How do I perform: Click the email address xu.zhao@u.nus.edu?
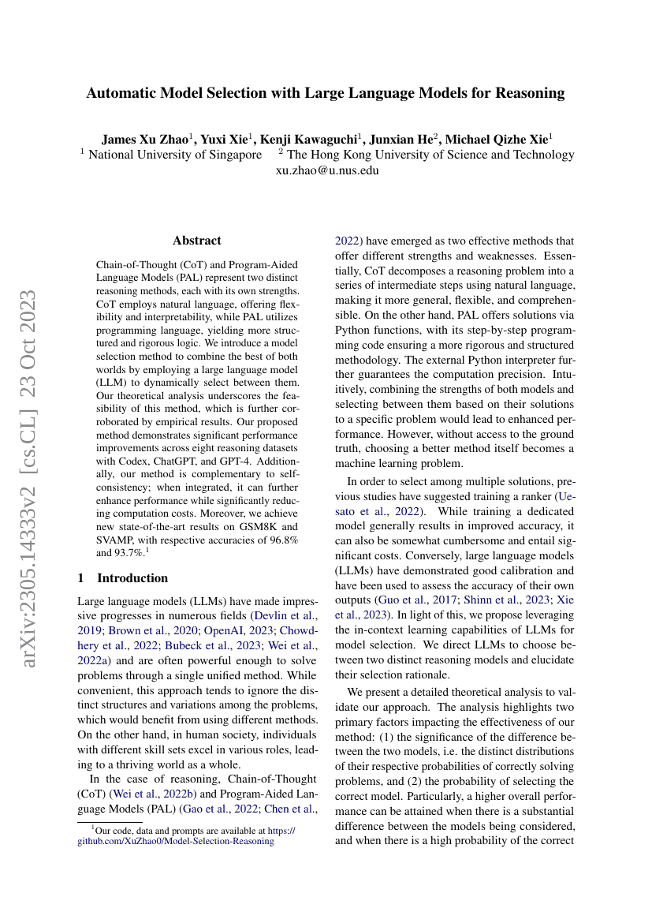[327, 170]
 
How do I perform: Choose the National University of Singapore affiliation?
[175, 155]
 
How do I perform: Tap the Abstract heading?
[197, 241]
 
